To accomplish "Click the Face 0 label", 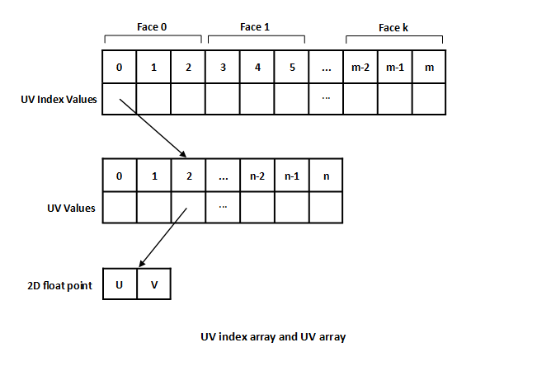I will [x=152, y=27].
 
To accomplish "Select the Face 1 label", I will [x=255, y=27].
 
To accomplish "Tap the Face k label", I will [x=393, y=27].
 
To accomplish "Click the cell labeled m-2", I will [x=360, y=67].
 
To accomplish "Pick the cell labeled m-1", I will [x=394, y=67].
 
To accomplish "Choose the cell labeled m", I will [x=429, y=67].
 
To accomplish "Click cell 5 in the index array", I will [x=292, y=67].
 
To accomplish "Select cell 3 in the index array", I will [x=223, y=67].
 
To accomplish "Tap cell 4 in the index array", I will [x=257, y=67].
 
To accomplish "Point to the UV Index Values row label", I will [x=58, y=100].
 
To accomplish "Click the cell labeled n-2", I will [x=257, y=176].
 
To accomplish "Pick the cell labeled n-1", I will [x=292, y=176].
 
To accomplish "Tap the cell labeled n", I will [x=326, y=176].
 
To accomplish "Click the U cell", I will [x=120, y=284].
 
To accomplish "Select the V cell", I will [x=154, y=284].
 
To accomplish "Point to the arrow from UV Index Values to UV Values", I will [x=153, y=128].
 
